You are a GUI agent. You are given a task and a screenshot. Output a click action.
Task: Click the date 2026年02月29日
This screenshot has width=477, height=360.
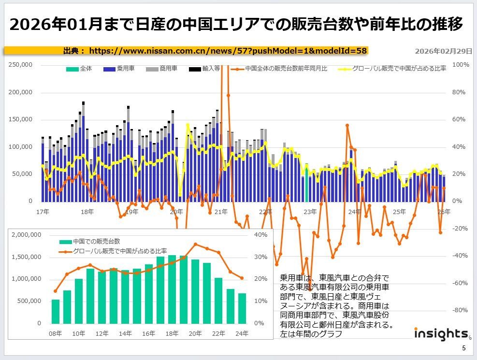click(x=444, y=51)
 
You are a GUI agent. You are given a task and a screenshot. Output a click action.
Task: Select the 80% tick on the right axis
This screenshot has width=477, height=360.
click(x=459, y=92)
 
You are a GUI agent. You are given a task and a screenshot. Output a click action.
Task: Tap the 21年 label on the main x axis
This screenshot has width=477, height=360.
click(x=221, y=212)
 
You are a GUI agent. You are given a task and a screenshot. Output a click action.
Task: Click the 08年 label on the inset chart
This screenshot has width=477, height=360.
click(x=56, y=333)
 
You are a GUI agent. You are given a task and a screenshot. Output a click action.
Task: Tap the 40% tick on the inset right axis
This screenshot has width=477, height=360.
click(x=260, y=235)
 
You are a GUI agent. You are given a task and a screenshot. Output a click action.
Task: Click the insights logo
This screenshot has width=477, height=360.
click(x=440, y=334)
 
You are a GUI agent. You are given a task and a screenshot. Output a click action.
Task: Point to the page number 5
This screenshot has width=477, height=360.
click(x=464, y=348)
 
